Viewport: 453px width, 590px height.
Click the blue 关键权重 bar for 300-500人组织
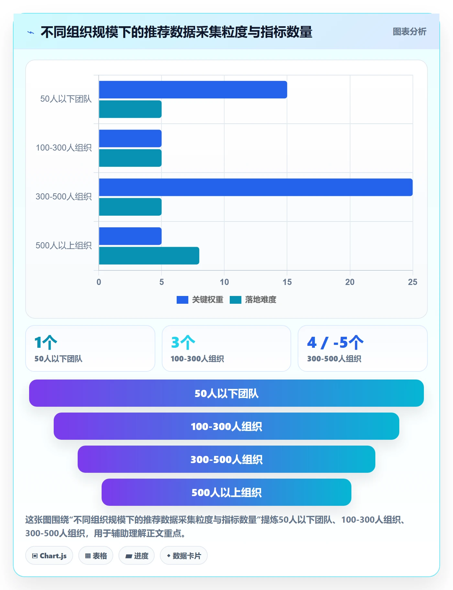[256, 187]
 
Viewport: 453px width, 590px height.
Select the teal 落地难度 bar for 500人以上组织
[149, 256]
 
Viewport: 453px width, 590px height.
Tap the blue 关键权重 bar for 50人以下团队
[193, 90]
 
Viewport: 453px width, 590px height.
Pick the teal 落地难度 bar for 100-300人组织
[130, 158]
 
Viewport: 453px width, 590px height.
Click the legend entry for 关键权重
[200, 300]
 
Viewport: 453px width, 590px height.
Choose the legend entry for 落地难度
[253, 300]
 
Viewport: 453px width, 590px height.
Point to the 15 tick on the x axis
[287, 282]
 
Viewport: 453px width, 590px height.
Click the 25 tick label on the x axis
[413, 282]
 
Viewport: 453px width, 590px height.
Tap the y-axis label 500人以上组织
[64, 245]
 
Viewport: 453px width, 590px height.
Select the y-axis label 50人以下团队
[66, 99]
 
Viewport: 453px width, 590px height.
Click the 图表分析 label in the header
[409, 32]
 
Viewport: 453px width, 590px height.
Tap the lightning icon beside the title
[31, 32]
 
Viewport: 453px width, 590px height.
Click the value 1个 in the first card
[46, 343]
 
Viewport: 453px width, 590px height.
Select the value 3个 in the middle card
[183, 343]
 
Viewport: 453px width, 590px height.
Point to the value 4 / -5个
[335, 343]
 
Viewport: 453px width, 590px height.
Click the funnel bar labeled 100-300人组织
[226, 426]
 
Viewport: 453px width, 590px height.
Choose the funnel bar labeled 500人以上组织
[226, 492]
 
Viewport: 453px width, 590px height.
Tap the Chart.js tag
[49, 556]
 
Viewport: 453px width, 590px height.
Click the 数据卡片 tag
[184, 556]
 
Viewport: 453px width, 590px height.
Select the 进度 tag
[137, 556]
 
